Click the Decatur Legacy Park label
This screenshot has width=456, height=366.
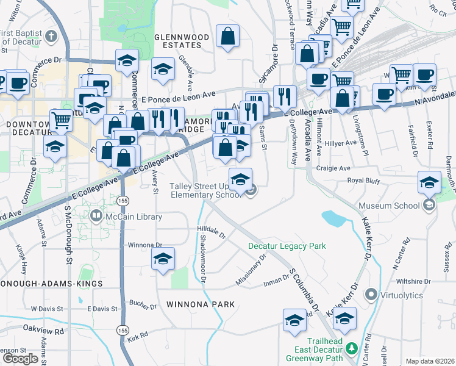point(287,246)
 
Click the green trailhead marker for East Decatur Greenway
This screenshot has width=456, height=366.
point(351,348)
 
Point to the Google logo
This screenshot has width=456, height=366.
point(20,358)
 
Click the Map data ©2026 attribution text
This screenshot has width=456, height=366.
point(430,361)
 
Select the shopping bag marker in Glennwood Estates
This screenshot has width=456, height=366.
point(228,36)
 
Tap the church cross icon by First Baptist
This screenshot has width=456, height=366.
point(51,35)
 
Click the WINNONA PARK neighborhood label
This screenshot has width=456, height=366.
point(191,304)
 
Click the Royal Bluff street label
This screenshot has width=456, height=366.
point(363,181)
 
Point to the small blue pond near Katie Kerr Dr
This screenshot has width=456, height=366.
point(332,218)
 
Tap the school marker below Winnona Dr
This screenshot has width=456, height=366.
point(163,259)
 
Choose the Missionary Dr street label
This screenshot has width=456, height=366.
point(251,270)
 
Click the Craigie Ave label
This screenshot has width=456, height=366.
point(333,168)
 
